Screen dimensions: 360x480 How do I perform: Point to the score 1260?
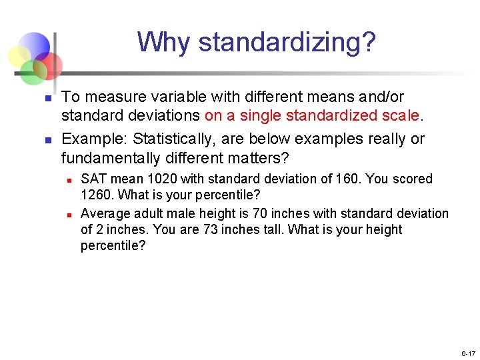point(97,195)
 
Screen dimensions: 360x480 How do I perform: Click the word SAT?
point(93,179)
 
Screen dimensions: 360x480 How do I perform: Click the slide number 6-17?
point(467,353)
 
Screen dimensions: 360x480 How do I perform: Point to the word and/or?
point(378,97)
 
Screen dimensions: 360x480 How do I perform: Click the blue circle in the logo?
point(35,46)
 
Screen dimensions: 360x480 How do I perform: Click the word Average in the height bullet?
point(105,213)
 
